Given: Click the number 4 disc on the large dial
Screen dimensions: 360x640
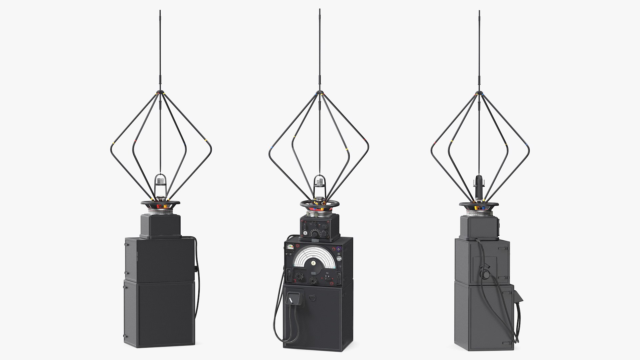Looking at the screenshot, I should point(313,263).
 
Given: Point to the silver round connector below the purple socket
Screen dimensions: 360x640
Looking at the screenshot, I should point(340,259).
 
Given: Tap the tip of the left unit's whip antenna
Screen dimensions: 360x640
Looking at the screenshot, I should point(160,11).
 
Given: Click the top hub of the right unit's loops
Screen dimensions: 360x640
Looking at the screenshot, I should point(479,92).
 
